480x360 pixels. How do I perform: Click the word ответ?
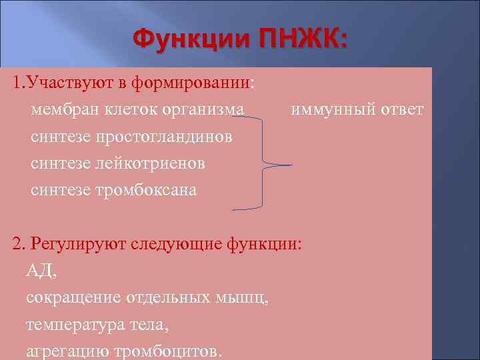(x=400, y=110)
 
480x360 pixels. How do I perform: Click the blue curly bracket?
(x=267, y=163)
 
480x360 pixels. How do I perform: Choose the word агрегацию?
(x=69, y=351)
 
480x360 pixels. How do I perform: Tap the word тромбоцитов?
(x=169, y=351)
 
